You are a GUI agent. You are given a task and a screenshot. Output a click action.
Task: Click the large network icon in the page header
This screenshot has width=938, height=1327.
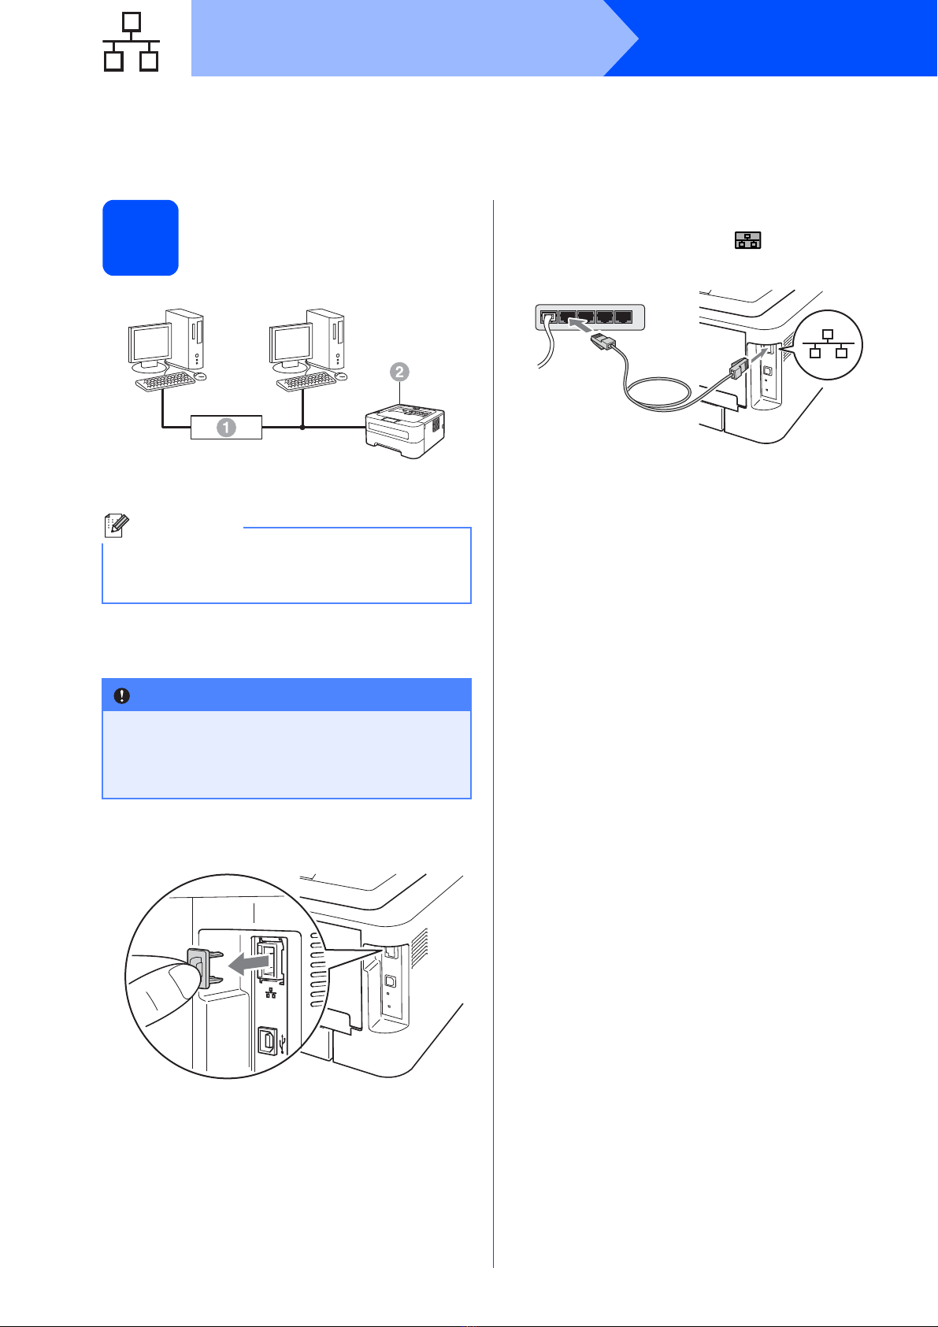131,42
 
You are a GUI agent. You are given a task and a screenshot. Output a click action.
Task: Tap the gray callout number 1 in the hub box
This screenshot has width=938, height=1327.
226,427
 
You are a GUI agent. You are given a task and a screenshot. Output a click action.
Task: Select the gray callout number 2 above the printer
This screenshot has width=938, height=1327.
399,372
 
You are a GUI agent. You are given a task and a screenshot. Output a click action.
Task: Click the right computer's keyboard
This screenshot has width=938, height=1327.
306,381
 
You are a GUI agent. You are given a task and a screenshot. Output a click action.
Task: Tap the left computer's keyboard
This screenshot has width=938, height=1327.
165,381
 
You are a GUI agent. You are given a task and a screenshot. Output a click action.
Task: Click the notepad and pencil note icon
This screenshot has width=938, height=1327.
116,525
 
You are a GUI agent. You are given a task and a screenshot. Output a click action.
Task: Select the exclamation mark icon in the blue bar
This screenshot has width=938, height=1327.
121,695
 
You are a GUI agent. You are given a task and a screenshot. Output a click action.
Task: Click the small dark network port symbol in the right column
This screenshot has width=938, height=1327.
747,240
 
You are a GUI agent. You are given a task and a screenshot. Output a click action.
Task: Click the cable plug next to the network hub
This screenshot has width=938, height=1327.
604,342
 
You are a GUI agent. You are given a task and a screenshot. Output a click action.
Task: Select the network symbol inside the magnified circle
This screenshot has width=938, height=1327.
829,344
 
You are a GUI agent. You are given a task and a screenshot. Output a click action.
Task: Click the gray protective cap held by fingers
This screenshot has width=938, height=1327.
198,968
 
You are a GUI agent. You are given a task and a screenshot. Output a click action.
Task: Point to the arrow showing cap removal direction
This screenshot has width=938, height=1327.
248,964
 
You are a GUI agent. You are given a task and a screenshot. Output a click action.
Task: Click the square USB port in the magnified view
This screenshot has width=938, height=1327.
267,1041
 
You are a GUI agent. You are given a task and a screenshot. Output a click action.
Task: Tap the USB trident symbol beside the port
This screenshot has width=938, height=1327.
282,1043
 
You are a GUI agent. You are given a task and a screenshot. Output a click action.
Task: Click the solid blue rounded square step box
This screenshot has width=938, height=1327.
140,238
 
